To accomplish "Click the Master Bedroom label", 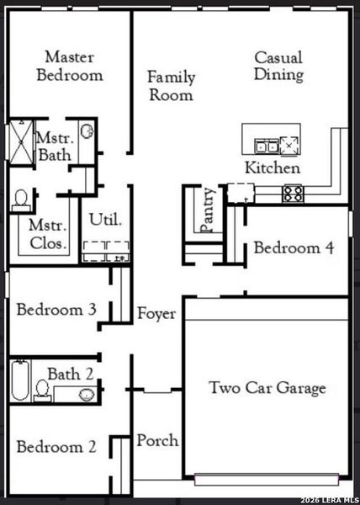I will coord(74,66).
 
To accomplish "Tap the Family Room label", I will coord(171,86).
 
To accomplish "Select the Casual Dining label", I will coord(278,66).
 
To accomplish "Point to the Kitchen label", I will coord(272,167).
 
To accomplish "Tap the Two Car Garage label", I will coord(267,388).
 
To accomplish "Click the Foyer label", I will coord(156,314).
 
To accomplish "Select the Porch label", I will coord(157,440).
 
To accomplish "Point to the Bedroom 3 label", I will coord(56,309).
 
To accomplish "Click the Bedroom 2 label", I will coord(56,446).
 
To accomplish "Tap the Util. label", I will coord(106,221).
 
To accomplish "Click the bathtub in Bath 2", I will coord(21,381).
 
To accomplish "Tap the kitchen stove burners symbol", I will coord(293,194).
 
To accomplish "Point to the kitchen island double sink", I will coord(267,146).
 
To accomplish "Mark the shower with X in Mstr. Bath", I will coord(19,146).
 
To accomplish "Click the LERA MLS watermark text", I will coord(328,496).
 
